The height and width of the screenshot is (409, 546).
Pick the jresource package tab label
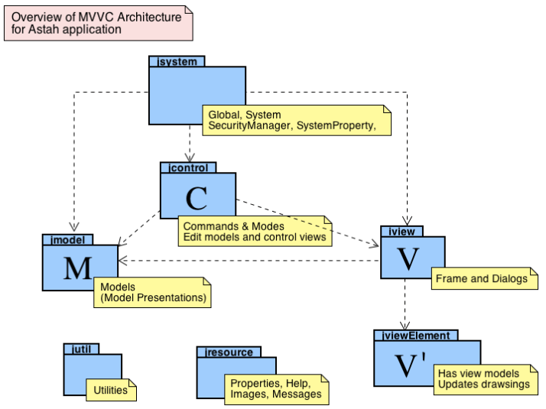(229, 352)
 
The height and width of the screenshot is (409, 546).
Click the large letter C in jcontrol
(197, 198)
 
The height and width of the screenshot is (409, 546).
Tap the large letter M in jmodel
(78, 268)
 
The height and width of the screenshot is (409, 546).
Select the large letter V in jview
(411, 260)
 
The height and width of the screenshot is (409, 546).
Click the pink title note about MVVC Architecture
(99, 23)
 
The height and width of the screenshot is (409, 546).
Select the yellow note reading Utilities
(111, 390)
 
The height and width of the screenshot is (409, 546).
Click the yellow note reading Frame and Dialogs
(484, 279)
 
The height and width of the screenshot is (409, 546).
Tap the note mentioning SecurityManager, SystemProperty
(296, 120)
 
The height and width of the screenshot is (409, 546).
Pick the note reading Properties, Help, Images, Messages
(276, 388)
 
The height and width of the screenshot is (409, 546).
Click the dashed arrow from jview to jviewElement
(404, 306)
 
